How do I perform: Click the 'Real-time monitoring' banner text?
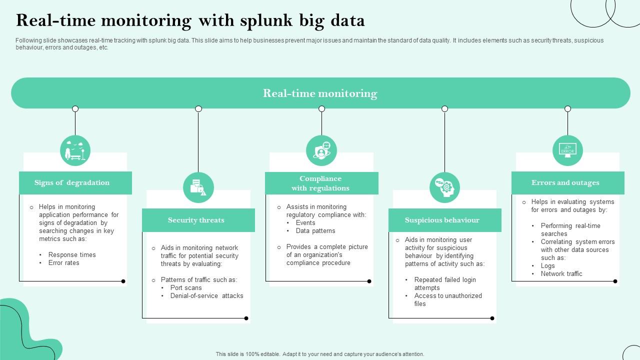[x=320, y=93]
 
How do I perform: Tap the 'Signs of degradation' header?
[x=72, y=182]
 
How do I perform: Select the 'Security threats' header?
[x=196, y=220]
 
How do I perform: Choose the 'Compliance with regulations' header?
[x=320, y=183]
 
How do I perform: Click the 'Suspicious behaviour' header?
[x=442, y=220]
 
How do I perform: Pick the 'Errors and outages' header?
[x=565, y=182]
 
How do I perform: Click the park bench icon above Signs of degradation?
[x=75, y=150]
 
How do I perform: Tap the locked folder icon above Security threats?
[x=198, y=187]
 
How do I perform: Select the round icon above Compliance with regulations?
[x=321, y=150]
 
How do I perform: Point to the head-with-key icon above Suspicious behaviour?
[x=444, y=187]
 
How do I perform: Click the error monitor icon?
[x=567, y=150]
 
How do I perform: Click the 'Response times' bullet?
[x=71, y=254]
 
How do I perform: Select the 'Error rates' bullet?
[x=63, y=262]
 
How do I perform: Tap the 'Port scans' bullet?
[x=186, y=287]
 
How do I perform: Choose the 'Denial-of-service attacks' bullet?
[x=206, y=295]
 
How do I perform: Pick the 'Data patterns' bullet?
[x=315, y=230]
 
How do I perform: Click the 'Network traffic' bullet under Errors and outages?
[x=561, y=273]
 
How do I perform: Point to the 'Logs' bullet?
[x=547, y=265]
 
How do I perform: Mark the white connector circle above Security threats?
[x=198, y=109]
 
